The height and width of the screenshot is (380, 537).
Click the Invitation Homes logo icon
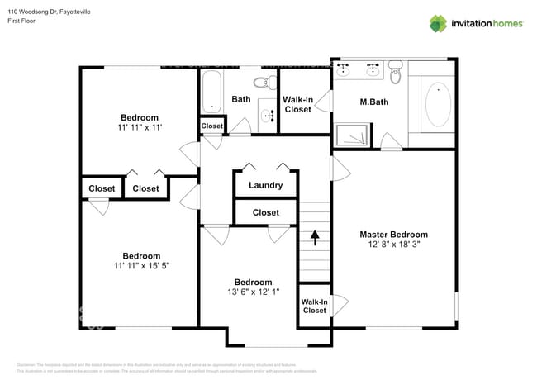438,23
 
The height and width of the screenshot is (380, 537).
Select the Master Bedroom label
393,234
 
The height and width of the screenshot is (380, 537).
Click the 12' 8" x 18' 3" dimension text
393,245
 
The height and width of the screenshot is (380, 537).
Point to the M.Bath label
374,102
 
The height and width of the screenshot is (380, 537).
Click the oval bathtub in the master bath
437,105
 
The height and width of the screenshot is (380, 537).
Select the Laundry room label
265,185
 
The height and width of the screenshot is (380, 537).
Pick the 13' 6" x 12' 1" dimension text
252,292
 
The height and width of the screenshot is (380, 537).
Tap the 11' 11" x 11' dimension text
139,128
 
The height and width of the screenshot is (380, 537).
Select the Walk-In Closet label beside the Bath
297,103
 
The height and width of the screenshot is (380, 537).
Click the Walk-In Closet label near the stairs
314,306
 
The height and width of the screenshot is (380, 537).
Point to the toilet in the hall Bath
264,82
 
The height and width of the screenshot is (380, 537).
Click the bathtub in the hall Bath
212,93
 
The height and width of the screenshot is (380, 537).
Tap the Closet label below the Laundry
265,212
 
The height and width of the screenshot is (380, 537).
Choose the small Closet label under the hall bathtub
212,126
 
